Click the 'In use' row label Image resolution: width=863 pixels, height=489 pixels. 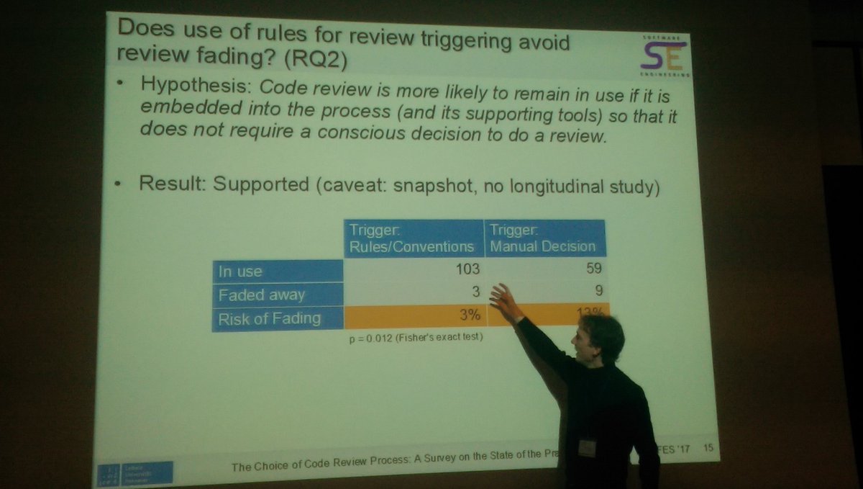(x=241, y=272)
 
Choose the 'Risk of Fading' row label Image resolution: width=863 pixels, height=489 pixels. (x=270, y=318)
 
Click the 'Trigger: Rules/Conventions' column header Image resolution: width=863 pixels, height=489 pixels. (x=411, y=238)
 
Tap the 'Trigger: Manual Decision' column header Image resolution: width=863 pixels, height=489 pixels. (x=543, y=238)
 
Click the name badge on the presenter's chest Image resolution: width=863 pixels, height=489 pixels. (x=587, y=447)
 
